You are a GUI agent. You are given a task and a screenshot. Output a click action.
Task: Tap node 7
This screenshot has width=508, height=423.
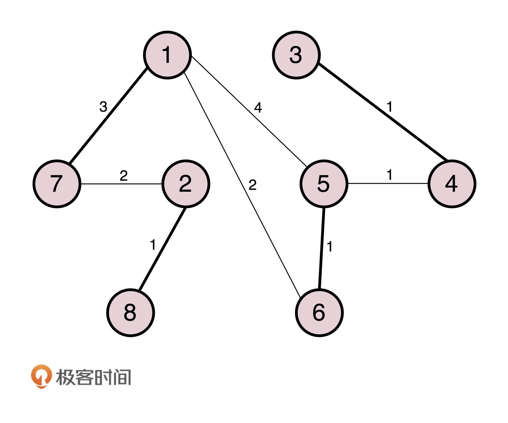[57, 184]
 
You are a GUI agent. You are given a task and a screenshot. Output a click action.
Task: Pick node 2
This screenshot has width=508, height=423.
[186, 184]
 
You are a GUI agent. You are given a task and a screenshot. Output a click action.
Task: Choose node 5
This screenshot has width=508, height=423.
[324, 184]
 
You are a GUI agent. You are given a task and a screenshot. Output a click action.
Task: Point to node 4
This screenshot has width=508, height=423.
[452, 184]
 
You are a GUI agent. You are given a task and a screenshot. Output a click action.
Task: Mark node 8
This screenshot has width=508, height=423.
[130, 313]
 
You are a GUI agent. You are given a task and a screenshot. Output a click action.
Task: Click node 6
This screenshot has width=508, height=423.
[319, 313]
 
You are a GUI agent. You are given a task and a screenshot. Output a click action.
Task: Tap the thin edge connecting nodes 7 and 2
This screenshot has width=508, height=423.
[121, 184]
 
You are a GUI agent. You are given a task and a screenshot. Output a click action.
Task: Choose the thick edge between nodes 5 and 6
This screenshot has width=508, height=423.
[322, 248]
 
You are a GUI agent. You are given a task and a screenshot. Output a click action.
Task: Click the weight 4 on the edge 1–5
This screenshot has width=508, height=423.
[258, 108]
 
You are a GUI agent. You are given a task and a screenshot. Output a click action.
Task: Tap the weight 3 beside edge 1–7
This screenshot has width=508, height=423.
[103, 107]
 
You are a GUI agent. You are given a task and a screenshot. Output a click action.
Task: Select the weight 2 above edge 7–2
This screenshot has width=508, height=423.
[123, 176]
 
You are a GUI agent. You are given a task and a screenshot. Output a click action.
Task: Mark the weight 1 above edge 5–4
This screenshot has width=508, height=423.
[390, 175]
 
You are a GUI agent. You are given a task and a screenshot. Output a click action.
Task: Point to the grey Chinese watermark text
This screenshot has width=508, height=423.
[93, 377]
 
